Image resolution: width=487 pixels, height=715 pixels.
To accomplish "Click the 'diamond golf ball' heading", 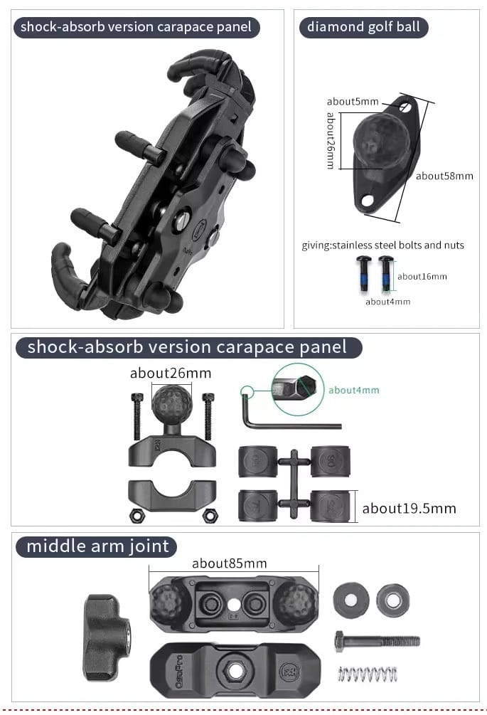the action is (363, 27).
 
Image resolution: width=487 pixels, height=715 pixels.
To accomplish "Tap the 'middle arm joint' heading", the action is (97, 546).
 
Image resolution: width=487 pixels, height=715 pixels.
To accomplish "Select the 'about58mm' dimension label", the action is (444, 176).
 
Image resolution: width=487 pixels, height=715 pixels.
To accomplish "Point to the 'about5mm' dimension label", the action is (353, 101).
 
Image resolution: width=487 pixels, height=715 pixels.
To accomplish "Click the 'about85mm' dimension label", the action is (229, 563).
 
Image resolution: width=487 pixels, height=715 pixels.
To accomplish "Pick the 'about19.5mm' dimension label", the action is (409, 509).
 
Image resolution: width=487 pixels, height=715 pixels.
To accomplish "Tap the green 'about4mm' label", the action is (354, 390).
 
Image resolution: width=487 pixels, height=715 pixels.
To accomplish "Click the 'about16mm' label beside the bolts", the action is (422, 276).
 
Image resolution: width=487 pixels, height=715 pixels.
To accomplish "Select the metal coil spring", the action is (367, 674).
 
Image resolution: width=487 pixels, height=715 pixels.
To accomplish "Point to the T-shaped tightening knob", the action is (107, 637).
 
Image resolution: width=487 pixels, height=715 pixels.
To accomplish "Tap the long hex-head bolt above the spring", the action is (378, 642).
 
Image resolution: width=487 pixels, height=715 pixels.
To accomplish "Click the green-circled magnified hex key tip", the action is (298, 389).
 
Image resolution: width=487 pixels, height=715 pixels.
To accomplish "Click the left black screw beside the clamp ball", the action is (137, 417).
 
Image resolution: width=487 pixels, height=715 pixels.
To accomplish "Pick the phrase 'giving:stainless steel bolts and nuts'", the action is (382, 245).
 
